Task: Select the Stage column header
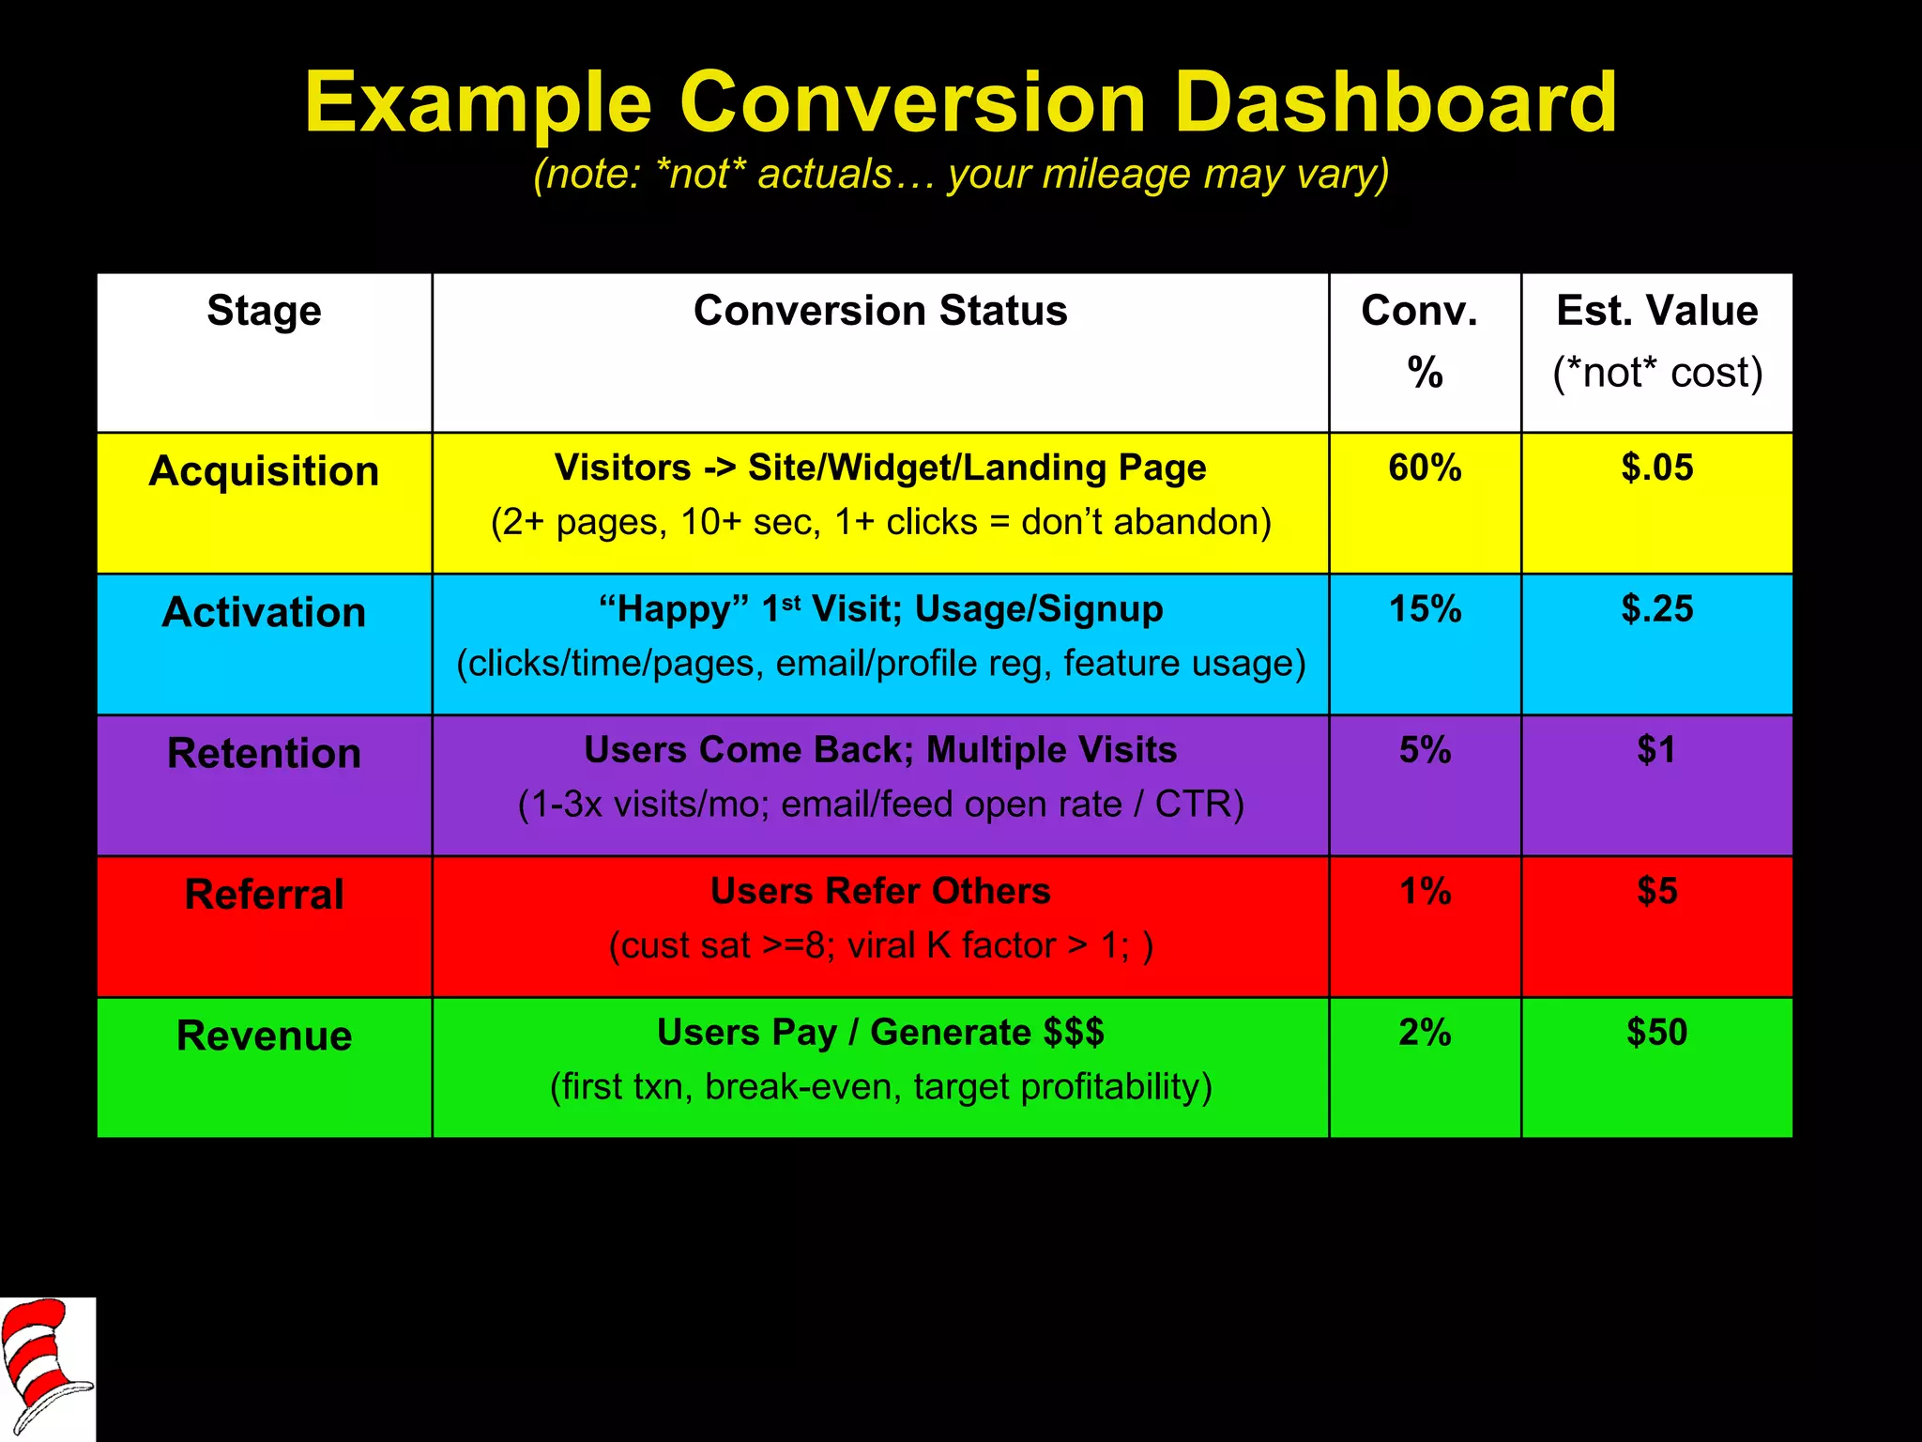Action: [264, 311]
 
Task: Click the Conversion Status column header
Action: [880, 311]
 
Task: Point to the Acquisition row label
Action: [264, 471]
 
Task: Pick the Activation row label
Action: [264, 612]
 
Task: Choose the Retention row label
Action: [264, 753]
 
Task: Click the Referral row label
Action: [264, 894]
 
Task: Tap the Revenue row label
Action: [264, 1035]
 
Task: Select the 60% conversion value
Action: [1425, 468]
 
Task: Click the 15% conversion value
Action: [1425, 609]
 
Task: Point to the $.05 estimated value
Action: [1656, 468]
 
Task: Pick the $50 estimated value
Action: [1656, 1032]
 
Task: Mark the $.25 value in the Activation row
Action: [1656, 609]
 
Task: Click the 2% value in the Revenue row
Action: [1425, 1032]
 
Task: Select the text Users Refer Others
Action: [880, 891]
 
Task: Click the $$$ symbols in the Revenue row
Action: [1074, 1032]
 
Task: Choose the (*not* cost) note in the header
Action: [1656, 373]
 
